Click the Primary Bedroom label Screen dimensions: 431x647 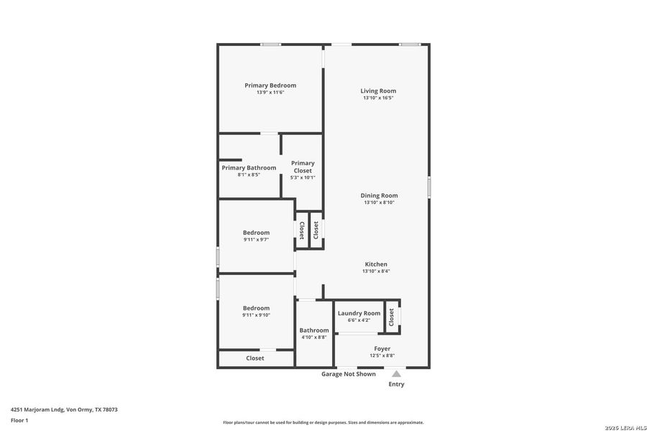pyautogui.click(x=270, y=85)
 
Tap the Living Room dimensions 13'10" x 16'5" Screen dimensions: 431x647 pyautogui.click(x=378, y=98)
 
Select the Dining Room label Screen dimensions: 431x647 pyautogui.click(x=379, y=195)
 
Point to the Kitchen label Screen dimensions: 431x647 pyautogui.click(x=376, y=264)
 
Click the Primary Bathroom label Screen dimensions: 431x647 pyautogui.click(x=249, y=168)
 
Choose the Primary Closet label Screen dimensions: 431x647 pyautogui.click(x=303, y=167)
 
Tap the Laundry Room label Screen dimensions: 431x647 pyautogui.click(x=359, y=313)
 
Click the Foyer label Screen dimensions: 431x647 pyautogui.click(x=382, y=348)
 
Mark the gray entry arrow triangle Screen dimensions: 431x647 pyautogui.click(x=396, y=374)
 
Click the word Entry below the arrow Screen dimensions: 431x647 pyautogui.click(x=396, y=384)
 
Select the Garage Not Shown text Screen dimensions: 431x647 pyautogui.click(x=348, y=374)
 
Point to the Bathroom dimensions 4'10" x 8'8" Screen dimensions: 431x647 pyautogui.click(x=314, y=337)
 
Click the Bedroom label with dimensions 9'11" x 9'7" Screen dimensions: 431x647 pyautogui.click(x=256, y=233)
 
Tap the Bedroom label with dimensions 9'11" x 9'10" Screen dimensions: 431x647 pyautogui.click(x=256, y=308)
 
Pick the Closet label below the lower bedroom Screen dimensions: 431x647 pyautogui.click(x=254, y=358)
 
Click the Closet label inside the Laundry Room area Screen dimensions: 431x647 pyautogui.click(x=392, y=317)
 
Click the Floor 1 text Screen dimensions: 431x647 pyautogui.click(x=19, y=420)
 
